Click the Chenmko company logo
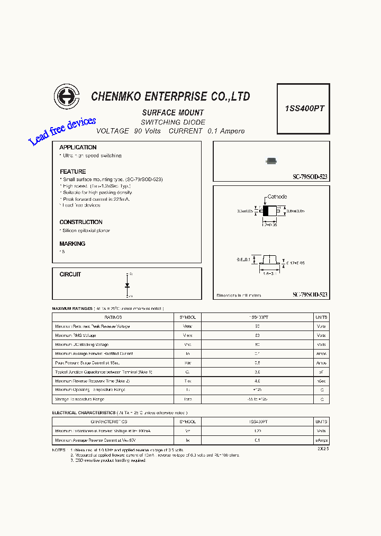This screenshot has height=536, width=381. tap(66, 97)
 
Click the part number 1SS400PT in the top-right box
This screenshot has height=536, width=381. tap(304, 109)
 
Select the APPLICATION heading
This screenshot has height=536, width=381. tap(78, 147)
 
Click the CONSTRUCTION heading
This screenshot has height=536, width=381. tap(81, 222)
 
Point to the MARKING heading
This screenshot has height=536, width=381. tap(72, 244)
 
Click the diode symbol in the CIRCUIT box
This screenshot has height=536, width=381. tap(128, 285)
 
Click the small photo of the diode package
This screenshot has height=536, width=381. tap(271, 160)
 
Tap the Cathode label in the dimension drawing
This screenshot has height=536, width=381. tap(277, 196)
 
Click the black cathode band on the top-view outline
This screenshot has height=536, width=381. tap(266, 211)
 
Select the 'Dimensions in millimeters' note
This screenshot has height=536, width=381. tap(239, 296)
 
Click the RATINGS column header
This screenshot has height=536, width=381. tap(113, 317)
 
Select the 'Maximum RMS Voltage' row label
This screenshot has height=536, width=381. tap(76, 335)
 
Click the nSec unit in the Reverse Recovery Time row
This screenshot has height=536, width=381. tap(321, 381)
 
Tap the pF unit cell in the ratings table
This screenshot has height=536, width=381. tap(321, 372)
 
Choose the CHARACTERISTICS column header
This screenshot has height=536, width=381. tap(109, 422)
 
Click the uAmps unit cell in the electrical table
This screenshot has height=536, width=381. tap(321, 440)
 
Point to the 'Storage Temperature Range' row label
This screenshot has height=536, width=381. tap(80, 399)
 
